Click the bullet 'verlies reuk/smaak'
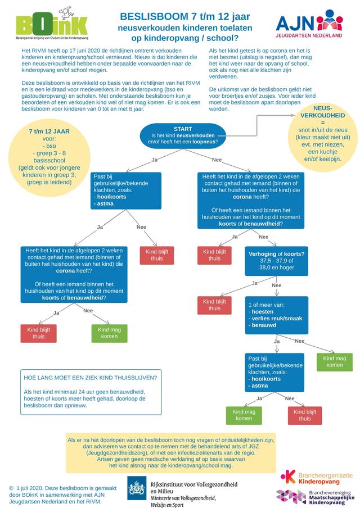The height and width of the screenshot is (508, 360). click(x=277, y=318)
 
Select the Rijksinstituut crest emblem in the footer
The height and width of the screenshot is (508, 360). click(x=137, y=486)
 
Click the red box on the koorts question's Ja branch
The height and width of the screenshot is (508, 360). click(x=214, y=305)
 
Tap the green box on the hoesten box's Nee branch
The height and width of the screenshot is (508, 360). click(x=334, y=361)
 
